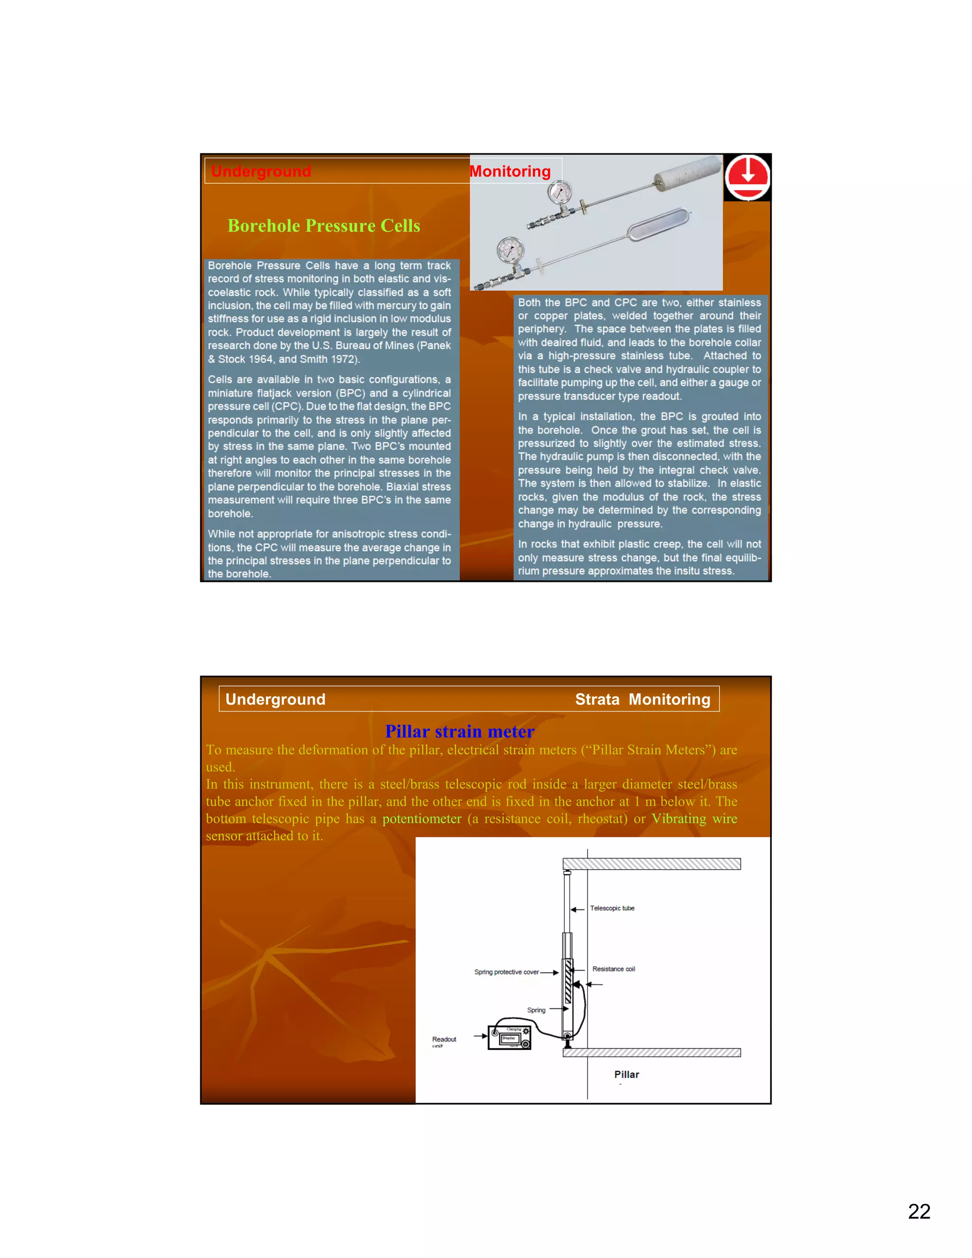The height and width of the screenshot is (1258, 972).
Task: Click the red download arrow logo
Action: (x=747, y=177)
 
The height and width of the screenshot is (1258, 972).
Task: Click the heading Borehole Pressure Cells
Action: (x=324, y=226)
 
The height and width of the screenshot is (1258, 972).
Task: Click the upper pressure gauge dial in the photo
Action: (x=560, y=192)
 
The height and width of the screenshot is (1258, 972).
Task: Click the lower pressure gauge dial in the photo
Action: (x=510, y=251)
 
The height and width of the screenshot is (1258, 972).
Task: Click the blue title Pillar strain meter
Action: (x=459, y=731)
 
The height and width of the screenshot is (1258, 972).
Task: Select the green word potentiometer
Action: (x=421, y=818)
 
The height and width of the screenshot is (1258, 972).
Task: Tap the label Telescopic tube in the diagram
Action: (x=612, y=908)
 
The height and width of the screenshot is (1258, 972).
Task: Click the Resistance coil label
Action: (x=613, y=969)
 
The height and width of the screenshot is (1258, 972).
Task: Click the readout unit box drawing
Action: (x=510, y=1037)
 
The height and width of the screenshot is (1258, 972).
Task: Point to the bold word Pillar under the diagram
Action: (x=626, y=1074)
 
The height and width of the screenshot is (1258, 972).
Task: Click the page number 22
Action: (x=919, y=1211)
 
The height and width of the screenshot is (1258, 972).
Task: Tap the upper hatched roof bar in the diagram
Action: (x=651, y=864)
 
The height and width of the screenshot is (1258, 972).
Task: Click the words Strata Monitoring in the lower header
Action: (x=643, y=699)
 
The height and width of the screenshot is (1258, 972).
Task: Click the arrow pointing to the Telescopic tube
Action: (x=578, y=910)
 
